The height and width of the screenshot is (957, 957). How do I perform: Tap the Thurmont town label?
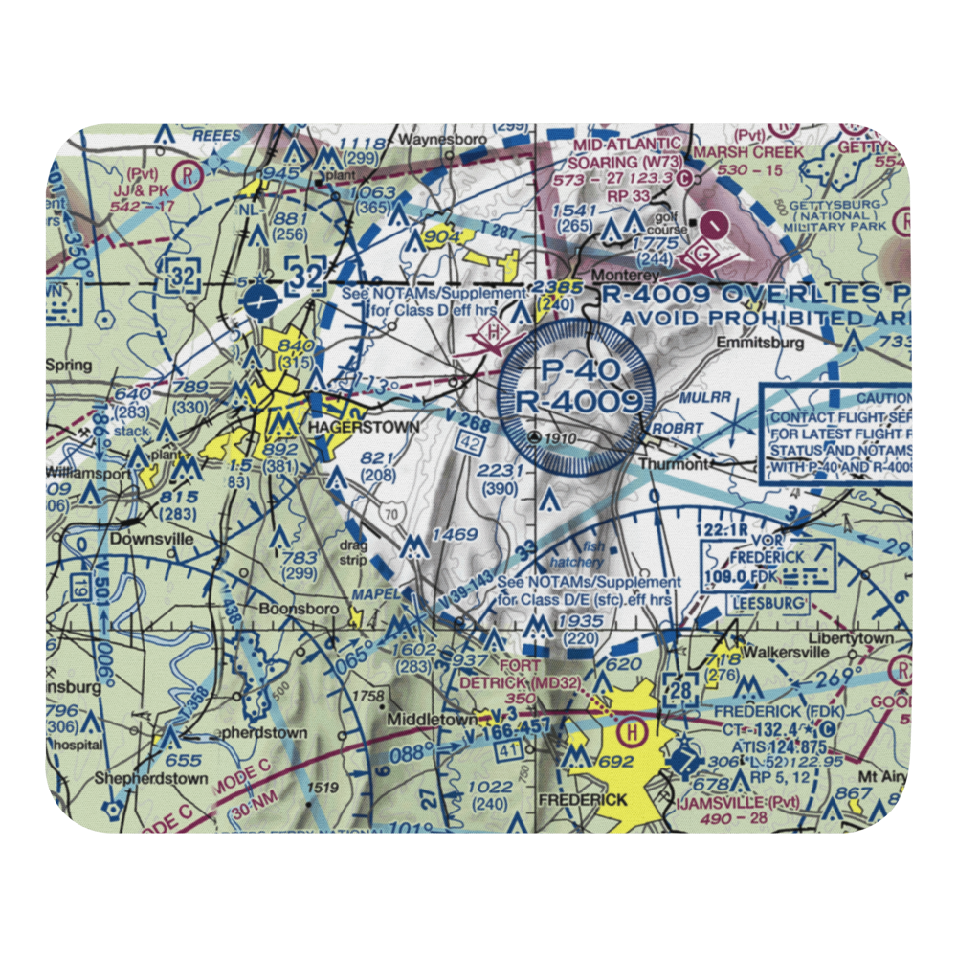pyautogui.click(x=676, y=463)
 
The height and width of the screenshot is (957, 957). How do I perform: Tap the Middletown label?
pyautogui.click(x=425, y=717)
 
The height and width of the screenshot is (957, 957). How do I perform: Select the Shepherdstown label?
pyautogui.click(x=151, y=779)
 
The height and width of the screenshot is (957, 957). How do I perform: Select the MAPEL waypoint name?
pyautogui.click(x=375, y=593)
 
